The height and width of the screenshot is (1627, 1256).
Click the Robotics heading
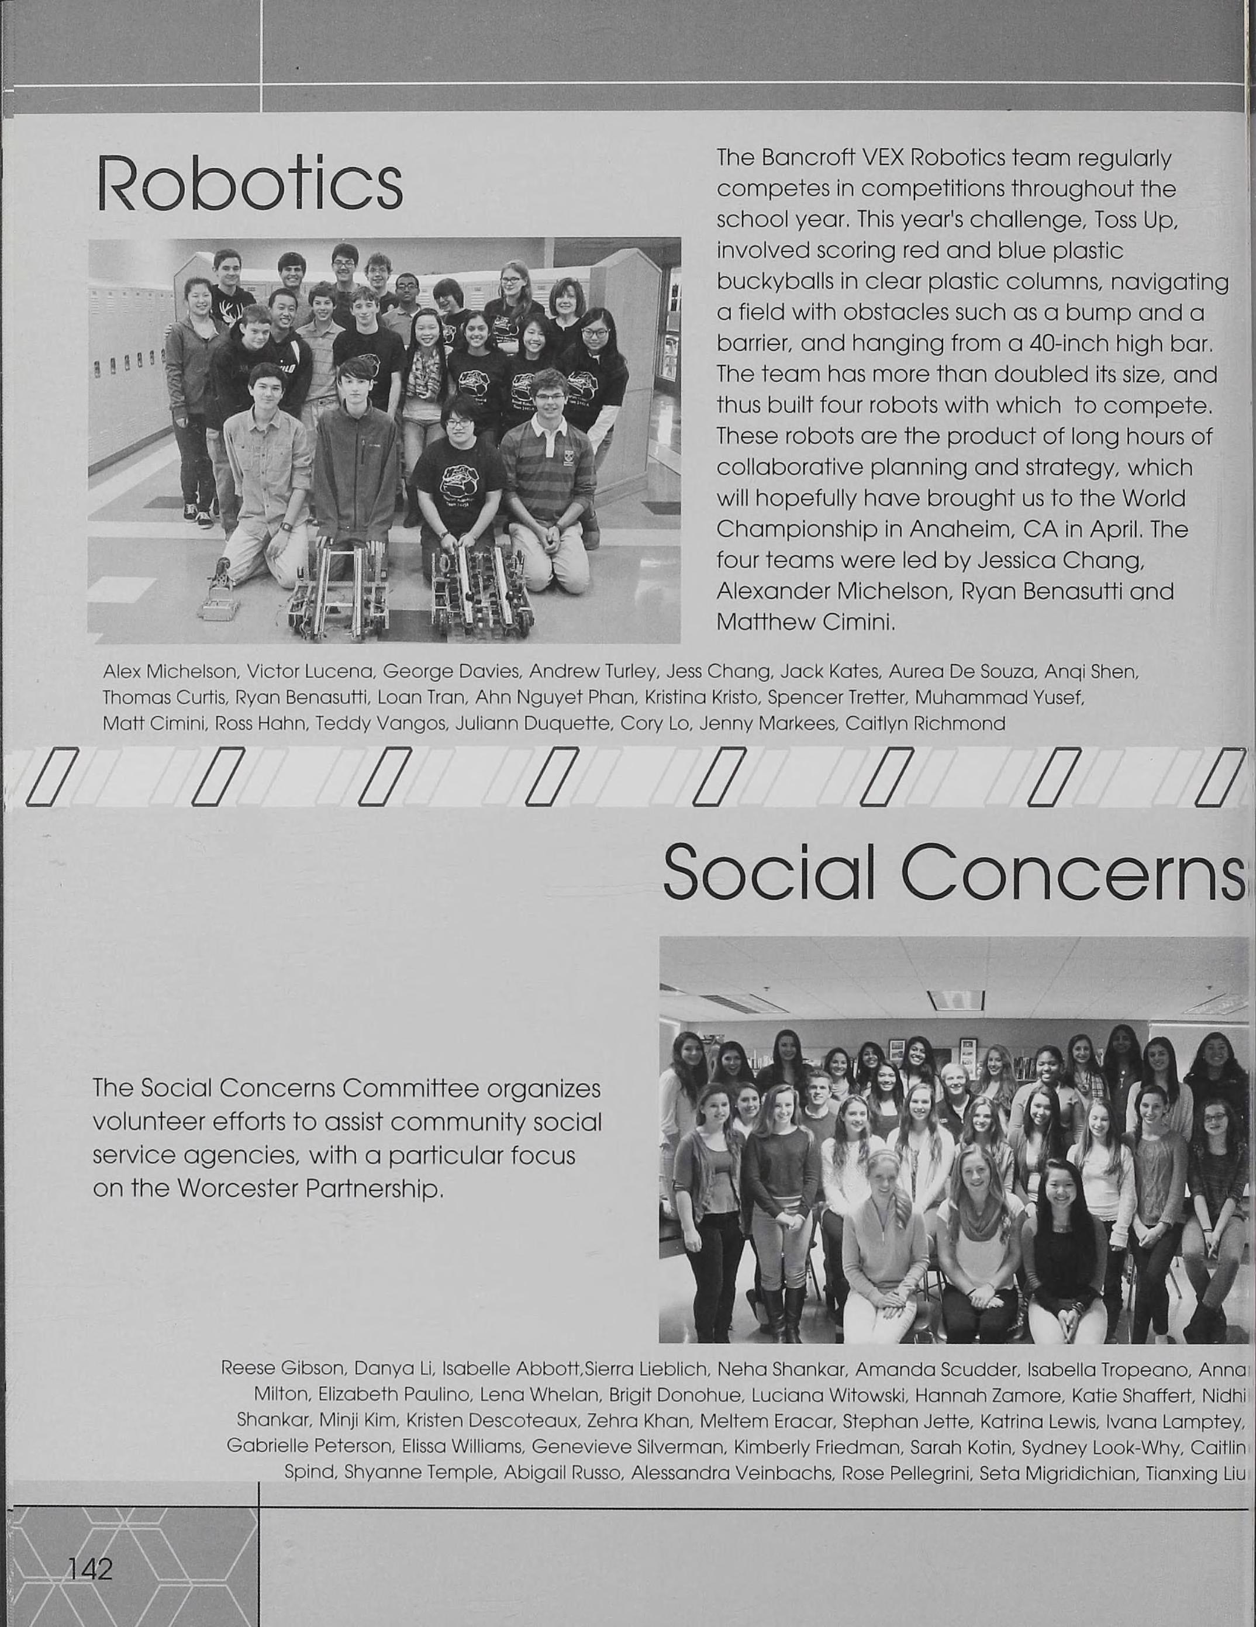[x=250, y=183]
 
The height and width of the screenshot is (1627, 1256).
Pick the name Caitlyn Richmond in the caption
[x=925, y=723]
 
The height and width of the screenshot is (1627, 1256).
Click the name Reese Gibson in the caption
[x=282, y=1369]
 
